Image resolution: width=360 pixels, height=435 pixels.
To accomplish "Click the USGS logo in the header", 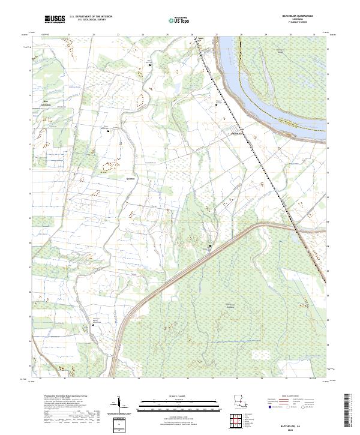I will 55,20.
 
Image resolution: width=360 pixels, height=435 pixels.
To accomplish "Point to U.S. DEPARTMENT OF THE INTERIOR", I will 91,17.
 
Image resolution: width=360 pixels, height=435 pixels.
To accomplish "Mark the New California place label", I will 46,103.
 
